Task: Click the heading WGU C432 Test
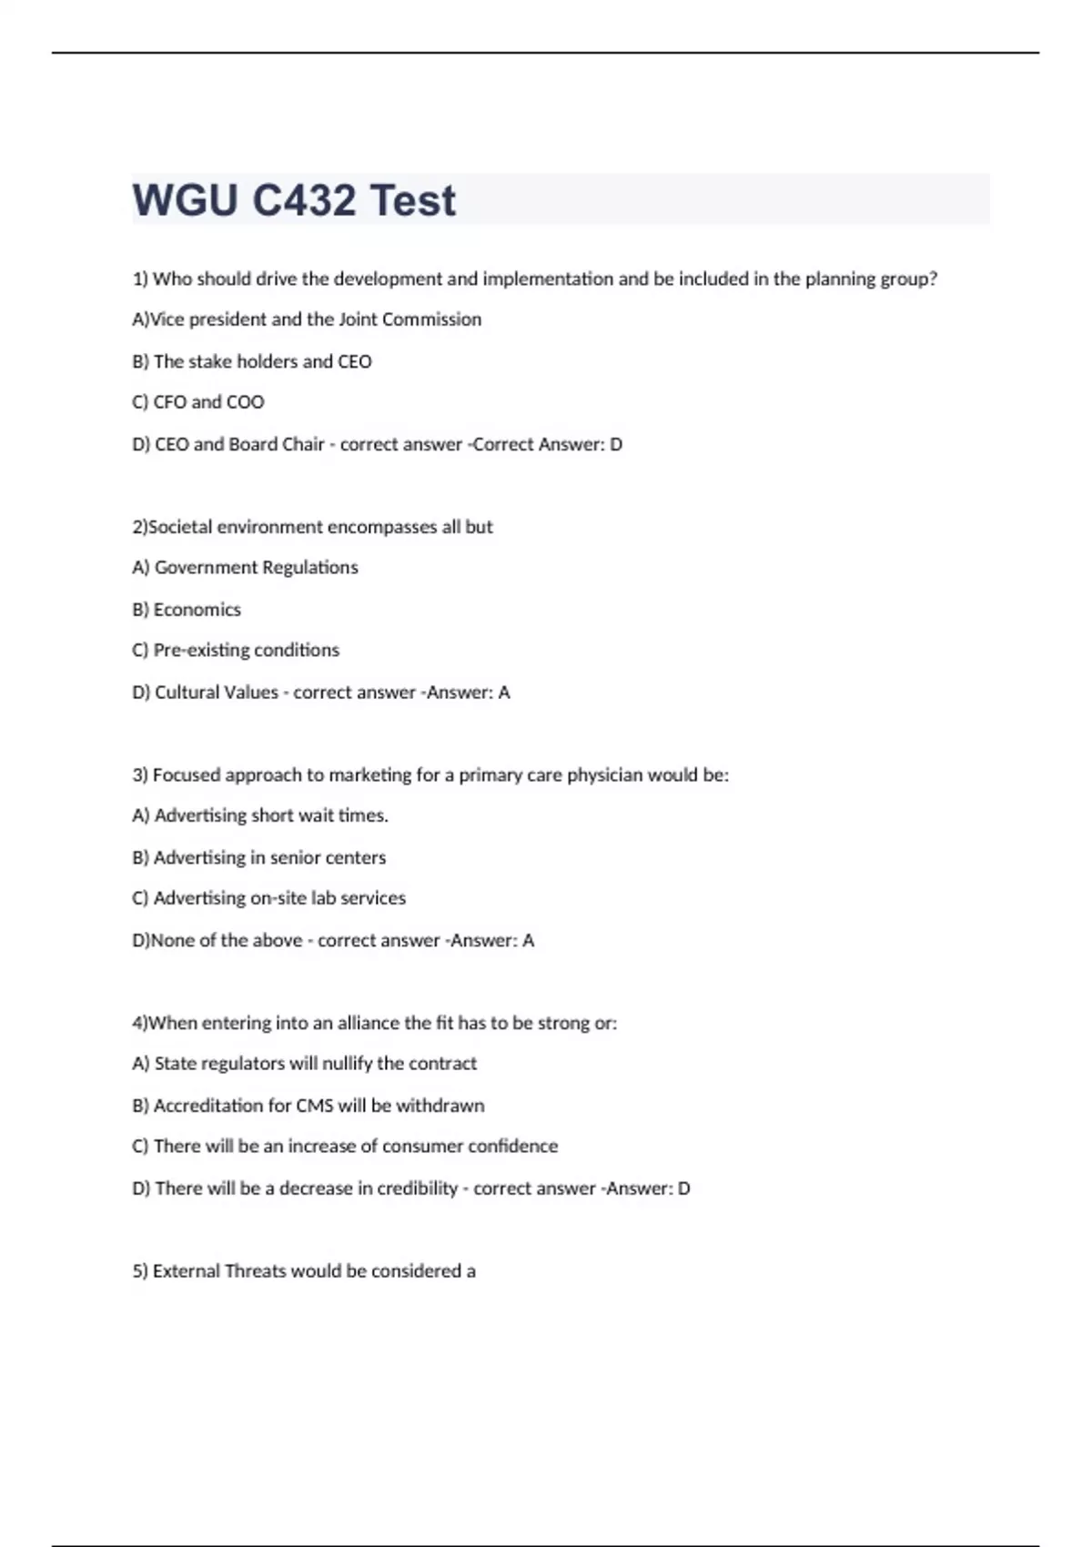point(294,200)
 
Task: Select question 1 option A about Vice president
point(307,319)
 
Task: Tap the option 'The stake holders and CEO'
point(252,361)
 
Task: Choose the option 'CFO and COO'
point(198,402)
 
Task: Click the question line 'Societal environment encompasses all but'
point(312,527)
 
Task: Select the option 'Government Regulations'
point(246,568)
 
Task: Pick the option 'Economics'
point(187,610)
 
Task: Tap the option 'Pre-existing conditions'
point(236,651)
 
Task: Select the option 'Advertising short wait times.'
point(260,816)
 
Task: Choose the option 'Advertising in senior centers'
point(259,857)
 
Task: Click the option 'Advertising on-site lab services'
point(269,898)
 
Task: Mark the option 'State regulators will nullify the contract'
point(305,1064)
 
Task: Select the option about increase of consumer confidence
point(345,1147)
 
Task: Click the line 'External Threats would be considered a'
point(304,1271)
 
